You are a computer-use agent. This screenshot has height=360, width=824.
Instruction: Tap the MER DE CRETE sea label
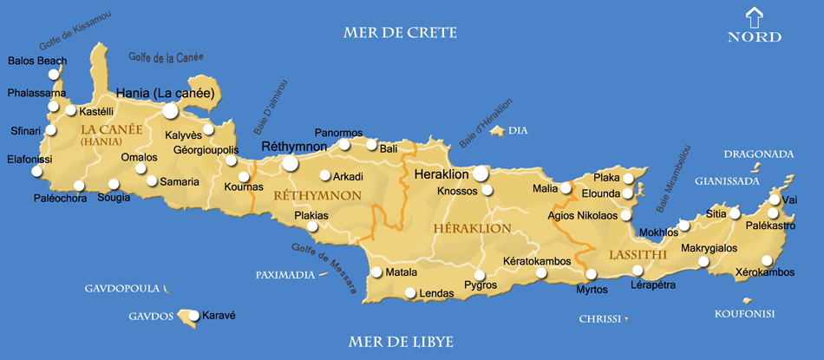click(x=400, y=33)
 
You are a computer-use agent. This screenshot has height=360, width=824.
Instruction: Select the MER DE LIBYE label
click(x=400, y=342)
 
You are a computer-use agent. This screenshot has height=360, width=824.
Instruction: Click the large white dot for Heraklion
click(x=481, y=173)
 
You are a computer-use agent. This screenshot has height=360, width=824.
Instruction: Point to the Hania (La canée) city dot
click(x=170, y=110)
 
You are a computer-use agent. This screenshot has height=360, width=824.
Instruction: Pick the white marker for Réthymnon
click(x=290, y=162)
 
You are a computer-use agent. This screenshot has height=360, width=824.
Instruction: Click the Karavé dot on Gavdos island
click(x=194, y=316)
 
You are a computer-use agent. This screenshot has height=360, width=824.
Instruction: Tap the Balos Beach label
click(x=36, y=61)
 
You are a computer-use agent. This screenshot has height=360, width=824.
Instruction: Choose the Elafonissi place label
click(x=29, y=160)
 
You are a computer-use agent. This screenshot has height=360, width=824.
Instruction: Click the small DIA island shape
click(x=497, y=131)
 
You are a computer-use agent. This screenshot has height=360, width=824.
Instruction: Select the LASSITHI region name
click(x=638, y=255)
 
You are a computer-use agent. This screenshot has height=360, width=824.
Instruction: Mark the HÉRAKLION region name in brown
click(x=471, y=228)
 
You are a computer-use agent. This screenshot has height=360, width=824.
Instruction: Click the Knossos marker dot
click(x=487, y=190)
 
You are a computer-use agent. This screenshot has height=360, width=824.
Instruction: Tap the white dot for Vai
click(x=775, y=200)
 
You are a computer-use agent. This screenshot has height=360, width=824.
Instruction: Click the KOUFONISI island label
click(x=744, y=313)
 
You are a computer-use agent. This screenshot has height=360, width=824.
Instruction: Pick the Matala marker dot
click(x=376, y=272)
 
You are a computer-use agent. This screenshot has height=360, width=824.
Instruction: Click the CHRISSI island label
click(x=599, y=319)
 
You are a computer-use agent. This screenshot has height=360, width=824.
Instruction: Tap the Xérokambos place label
click(x=764, y=272)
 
